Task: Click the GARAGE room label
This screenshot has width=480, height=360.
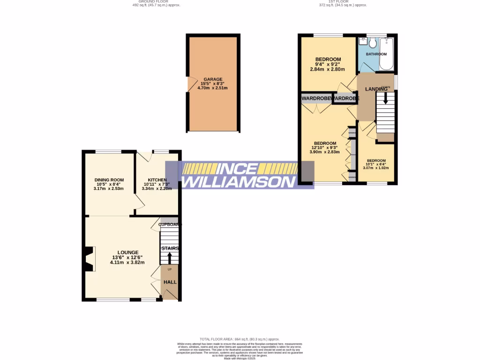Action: pyautogui.click(x=213, y=79)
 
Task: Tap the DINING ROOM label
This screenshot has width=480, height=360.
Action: pyautogui.click(x=109, y=180)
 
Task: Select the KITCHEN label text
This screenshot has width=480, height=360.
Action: pyautogui.click(x=157, y=180)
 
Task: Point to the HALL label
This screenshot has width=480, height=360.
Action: pyautogui.click(x=170, y=282)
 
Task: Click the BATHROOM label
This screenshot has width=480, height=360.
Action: pyautogui.click(x=376, y=54)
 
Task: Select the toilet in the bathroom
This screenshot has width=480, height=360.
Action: pyautogui.click(x=373, y=43)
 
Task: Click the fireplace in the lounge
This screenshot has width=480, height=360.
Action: pyautogui.click(x=89, y=259)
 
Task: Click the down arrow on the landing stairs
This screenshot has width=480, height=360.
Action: pyautogui.click(x=386, y=98)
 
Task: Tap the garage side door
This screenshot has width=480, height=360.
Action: pyautogui.click(x=190, y=84)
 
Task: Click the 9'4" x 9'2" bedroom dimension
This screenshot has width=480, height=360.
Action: pyautogui.click(x=327, y=64)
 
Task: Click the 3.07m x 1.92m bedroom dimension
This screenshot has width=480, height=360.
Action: pyautogui.click(x=376, y=168)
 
